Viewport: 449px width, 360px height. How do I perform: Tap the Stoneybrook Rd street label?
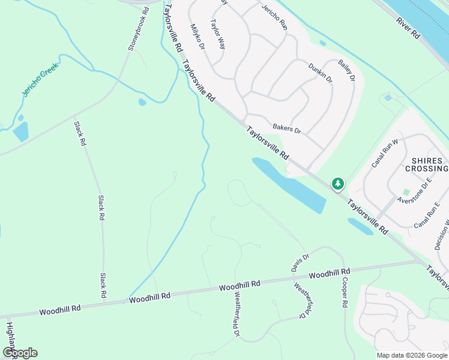click(137, 29)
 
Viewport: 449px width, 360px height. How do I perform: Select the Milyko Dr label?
click(197, 37)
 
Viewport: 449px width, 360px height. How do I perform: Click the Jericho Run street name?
click(274, 17)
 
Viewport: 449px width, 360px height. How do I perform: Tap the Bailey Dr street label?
click(346, 70)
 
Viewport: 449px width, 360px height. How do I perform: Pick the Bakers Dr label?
click(286, 128)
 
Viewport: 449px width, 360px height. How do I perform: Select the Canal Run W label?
click(385, 152)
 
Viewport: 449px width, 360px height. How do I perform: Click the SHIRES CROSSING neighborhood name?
click(427, 165)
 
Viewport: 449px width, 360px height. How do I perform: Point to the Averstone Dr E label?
click(414, 193)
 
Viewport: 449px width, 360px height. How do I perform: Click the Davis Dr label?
click(300, 262)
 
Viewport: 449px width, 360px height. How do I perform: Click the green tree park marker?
click(338, 183)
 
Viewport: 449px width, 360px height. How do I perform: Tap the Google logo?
click(20, 353)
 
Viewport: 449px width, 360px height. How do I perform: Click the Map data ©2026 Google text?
click(411, 355)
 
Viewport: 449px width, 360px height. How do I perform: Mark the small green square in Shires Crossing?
click(406, 192)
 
